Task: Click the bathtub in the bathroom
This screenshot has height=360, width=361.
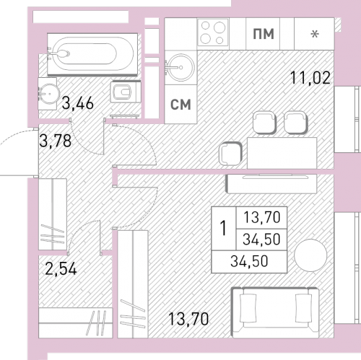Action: [92, 54]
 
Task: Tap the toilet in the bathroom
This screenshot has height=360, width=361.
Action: [126, 92]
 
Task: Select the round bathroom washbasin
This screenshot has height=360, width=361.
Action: [49, 93]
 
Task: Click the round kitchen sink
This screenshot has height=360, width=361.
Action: [180, 68]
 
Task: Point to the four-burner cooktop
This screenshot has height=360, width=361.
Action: [212, 32]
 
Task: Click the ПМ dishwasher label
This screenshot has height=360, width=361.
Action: [264, 34]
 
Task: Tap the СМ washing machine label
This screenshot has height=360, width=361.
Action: [180, 105]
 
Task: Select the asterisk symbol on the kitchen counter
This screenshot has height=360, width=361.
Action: [315, 35]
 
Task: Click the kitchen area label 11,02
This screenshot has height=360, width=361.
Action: [310, 78]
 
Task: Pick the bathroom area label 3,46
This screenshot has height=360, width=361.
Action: [77, 103]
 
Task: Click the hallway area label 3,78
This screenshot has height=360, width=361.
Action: [56, 141]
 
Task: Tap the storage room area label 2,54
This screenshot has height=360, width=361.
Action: [61, 268]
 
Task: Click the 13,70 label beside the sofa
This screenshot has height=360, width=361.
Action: [188, 319]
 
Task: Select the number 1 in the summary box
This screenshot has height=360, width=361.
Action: [224, 228]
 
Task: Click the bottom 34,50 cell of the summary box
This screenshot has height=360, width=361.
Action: [249, 261]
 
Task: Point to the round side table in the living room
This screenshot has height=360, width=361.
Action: [310, 255]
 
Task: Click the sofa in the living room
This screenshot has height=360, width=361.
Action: [276, 312]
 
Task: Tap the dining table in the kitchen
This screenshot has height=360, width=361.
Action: [282, 153]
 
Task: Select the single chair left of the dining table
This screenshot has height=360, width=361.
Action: [230, 154]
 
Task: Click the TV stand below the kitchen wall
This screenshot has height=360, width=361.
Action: [271, 184]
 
